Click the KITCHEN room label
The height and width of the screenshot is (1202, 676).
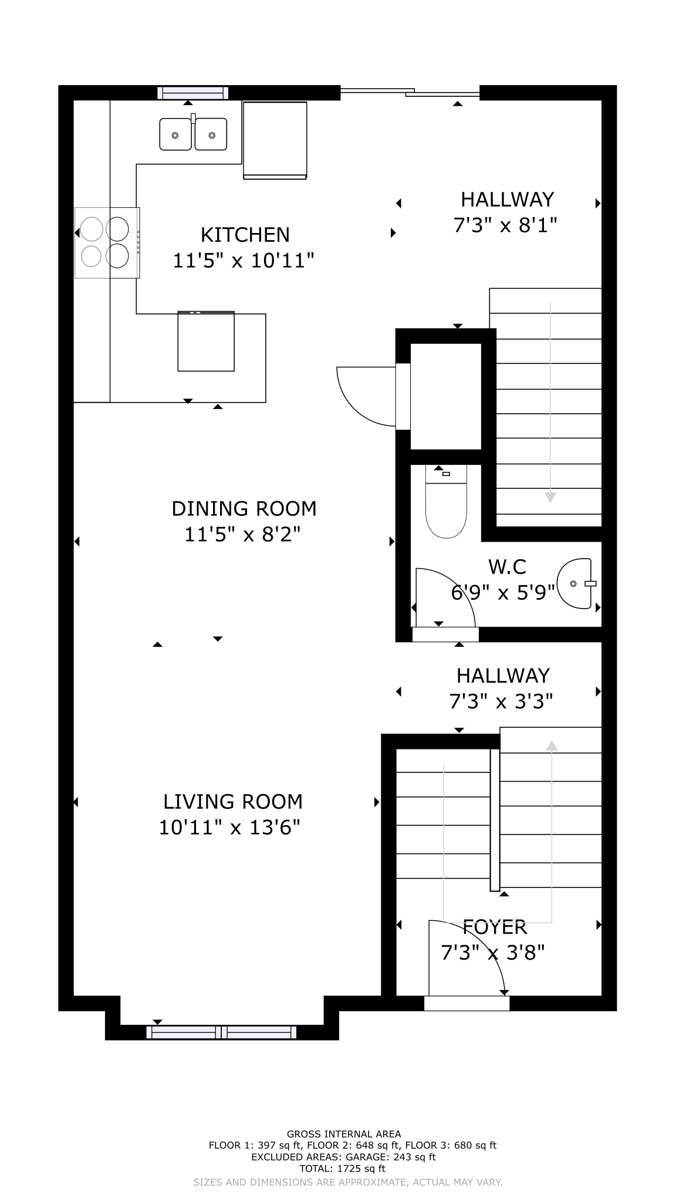coord(245,235)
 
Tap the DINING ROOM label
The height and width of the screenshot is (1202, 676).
coord(244,508)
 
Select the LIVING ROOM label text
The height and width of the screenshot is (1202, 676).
coord(233,801)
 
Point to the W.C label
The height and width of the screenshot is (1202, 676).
coord(507,567)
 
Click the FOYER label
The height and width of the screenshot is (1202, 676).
coord(495,927)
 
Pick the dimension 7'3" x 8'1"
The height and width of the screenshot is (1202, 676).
coord(505,225)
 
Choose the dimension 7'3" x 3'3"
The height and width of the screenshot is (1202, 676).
coord(502,701)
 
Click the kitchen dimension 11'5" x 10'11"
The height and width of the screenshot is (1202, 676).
coord(244,260)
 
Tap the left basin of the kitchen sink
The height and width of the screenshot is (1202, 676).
coord(175,134)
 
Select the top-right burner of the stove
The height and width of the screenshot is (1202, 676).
coord(117,229)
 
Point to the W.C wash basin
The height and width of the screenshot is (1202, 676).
coord(575,583)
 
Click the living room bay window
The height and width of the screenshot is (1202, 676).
coord(222,1032)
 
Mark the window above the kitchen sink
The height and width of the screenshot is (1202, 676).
coord(193,93)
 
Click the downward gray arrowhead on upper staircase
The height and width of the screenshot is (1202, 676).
coord(550,498)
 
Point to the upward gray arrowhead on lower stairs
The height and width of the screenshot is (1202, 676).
coord(552,745)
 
